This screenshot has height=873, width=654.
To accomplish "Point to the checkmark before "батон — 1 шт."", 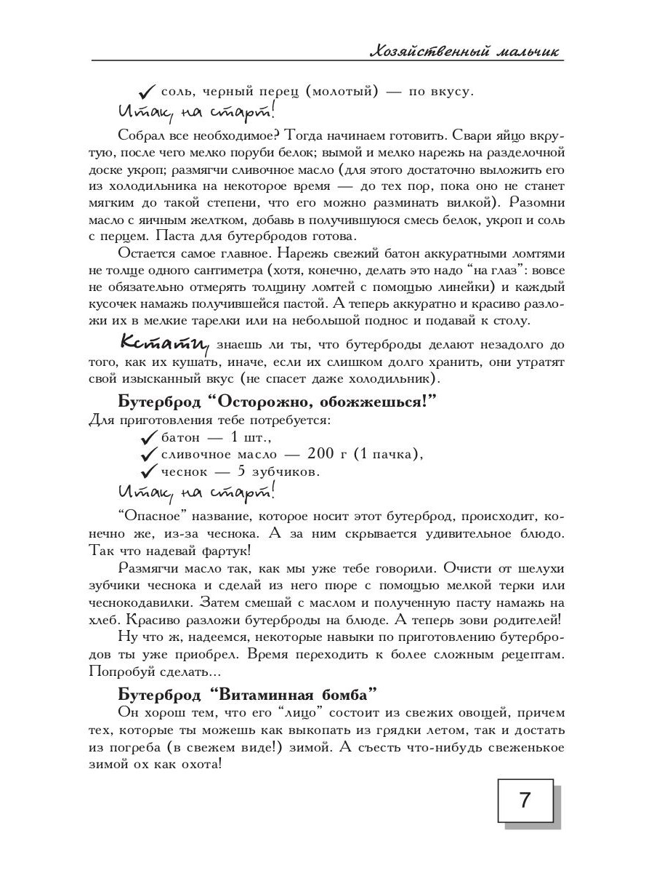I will pos(148,438).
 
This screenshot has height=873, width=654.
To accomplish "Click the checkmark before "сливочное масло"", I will pos(148,455).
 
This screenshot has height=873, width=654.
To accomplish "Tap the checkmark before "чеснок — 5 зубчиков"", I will pos(148,471).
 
